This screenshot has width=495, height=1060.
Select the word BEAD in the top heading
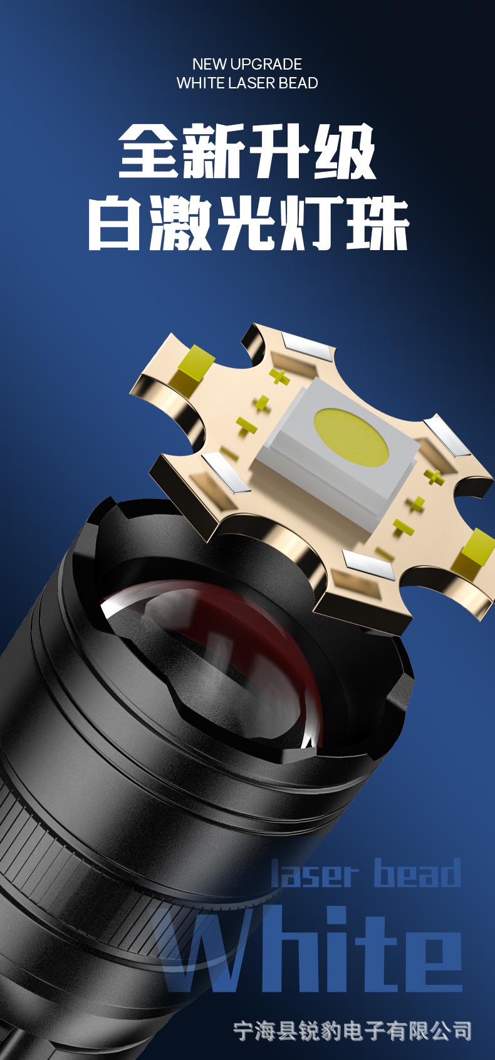tap(298, 83)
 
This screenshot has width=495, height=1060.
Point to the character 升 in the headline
tap(279, 150)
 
